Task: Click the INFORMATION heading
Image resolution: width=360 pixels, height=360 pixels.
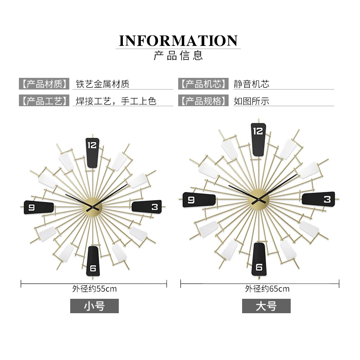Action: (178, 40)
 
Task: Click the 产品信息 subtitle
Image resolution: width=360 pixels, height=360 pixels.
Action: (179, 56)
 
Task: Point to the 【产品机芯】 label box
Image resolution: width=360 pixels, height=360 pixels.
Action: (202, 84)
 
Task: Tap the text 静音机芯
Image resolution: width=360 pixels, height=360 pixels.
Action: (251, 84)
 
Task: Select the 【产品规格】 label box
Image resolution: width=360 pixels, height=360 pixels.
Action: (202, 101)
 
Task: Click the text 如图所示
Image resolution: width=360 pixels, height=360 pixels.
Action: (251, 101)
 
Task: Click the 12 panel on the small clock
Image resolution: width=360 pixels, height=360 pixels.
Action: (92, 152)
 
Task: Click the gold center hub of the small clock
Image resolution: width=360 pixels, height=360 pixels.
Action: (93, 207)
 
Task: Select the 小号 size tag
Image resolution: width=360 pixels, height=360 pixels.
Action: (94, 306)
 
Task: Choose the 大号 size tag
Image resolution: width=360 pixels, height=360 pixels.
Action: (266, 306)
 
